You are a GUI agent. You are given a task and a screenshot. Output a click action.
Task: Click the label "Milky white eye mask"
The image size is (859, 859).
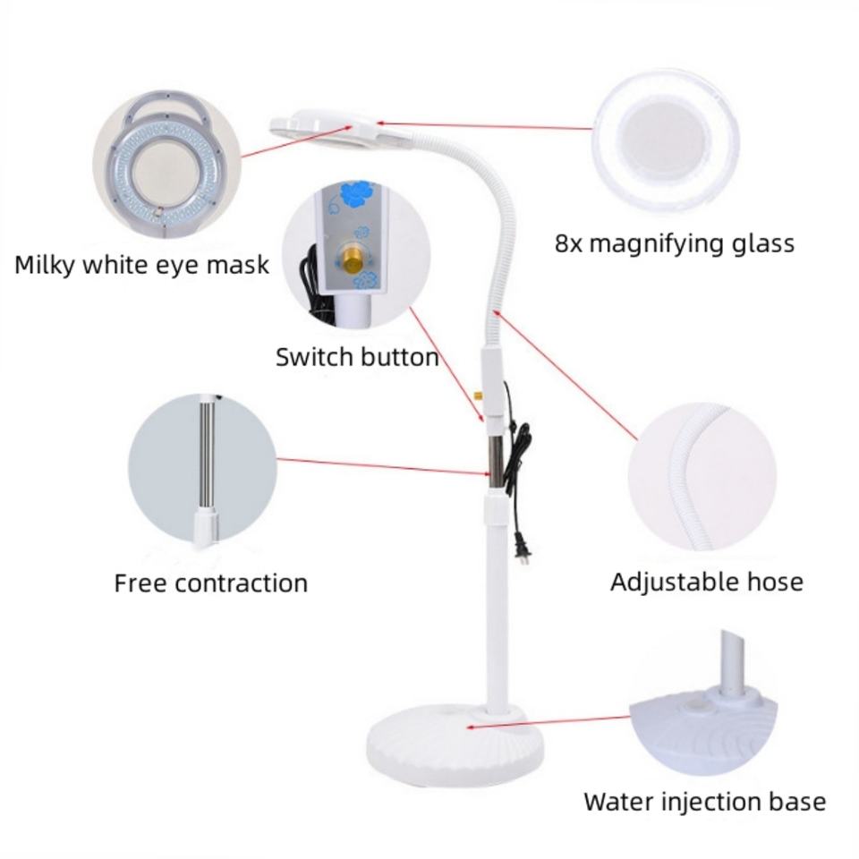coord(141,265)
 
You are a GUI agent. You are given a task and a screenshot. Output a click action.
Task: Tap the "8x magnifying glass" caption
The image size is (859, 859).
coord(674,243)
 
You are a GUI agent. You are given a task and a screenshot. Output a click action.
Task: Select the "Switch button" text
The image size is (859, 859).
coord(356,358)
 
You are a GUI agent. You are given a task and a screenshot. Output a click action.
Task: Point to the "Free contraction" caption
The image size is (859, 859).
coord(210,583)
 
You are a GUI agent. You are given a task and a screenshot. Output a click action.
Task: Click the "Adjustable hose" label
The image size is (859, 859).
coord(706,582)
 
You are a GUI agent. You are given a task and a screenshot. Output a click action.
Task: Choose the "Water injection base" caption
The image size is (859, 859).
coord(704,802)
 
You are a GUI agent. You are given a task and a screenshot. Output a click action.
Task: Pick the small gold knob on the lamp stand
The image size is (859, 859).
coord(477,394)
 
